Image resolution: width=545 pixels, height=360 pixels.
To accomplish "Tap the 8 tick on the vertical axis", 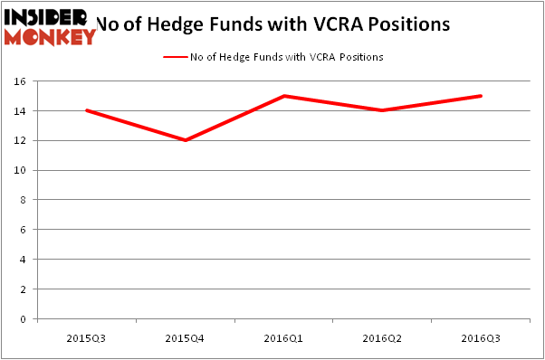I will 27,200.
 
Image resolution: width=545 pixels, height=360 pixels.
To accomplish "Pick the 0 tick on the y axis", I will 27,319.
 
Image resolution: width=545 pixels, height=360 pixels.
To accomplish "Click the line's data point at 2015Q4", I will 184,140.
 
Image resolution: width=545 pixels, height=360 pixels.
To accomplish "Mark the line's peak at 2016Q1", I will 282,96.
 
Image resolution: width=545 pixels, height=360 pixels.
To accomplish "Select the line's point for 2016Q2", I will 382,110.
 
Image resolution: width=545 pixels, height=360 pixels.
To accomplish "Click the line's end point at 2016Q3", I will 481,96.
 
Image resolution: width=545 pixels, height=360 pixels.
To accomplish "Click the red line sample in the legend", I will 175,57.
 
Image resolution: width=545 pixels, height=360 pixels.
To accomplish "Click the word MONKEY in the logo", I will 51,37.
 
